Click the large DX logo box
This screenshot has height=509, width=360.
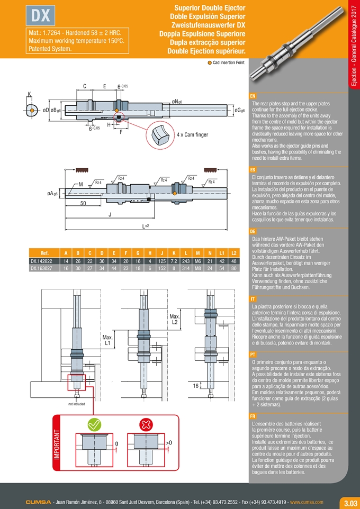41,15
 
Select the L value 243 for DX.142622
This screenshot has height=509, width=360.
186,261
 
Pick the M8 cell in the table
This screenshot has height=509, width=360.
197,268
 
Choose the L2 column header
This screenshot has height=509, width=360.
234,252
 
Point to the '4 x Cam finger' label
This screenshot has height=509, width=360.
192,134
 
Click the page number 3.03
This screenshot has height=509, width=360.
350,503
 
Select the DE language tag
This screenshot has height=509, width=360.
253,232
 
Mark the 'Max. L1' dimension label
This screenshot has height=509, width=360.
107,340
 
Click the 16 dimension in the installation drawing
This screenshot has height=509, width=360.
195,386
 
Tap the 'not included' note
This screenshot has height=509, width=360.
76,404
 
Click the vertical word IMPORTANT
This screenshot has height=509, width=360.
57,444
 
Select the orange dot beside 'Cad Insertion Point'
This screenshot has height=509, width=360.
210,62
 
